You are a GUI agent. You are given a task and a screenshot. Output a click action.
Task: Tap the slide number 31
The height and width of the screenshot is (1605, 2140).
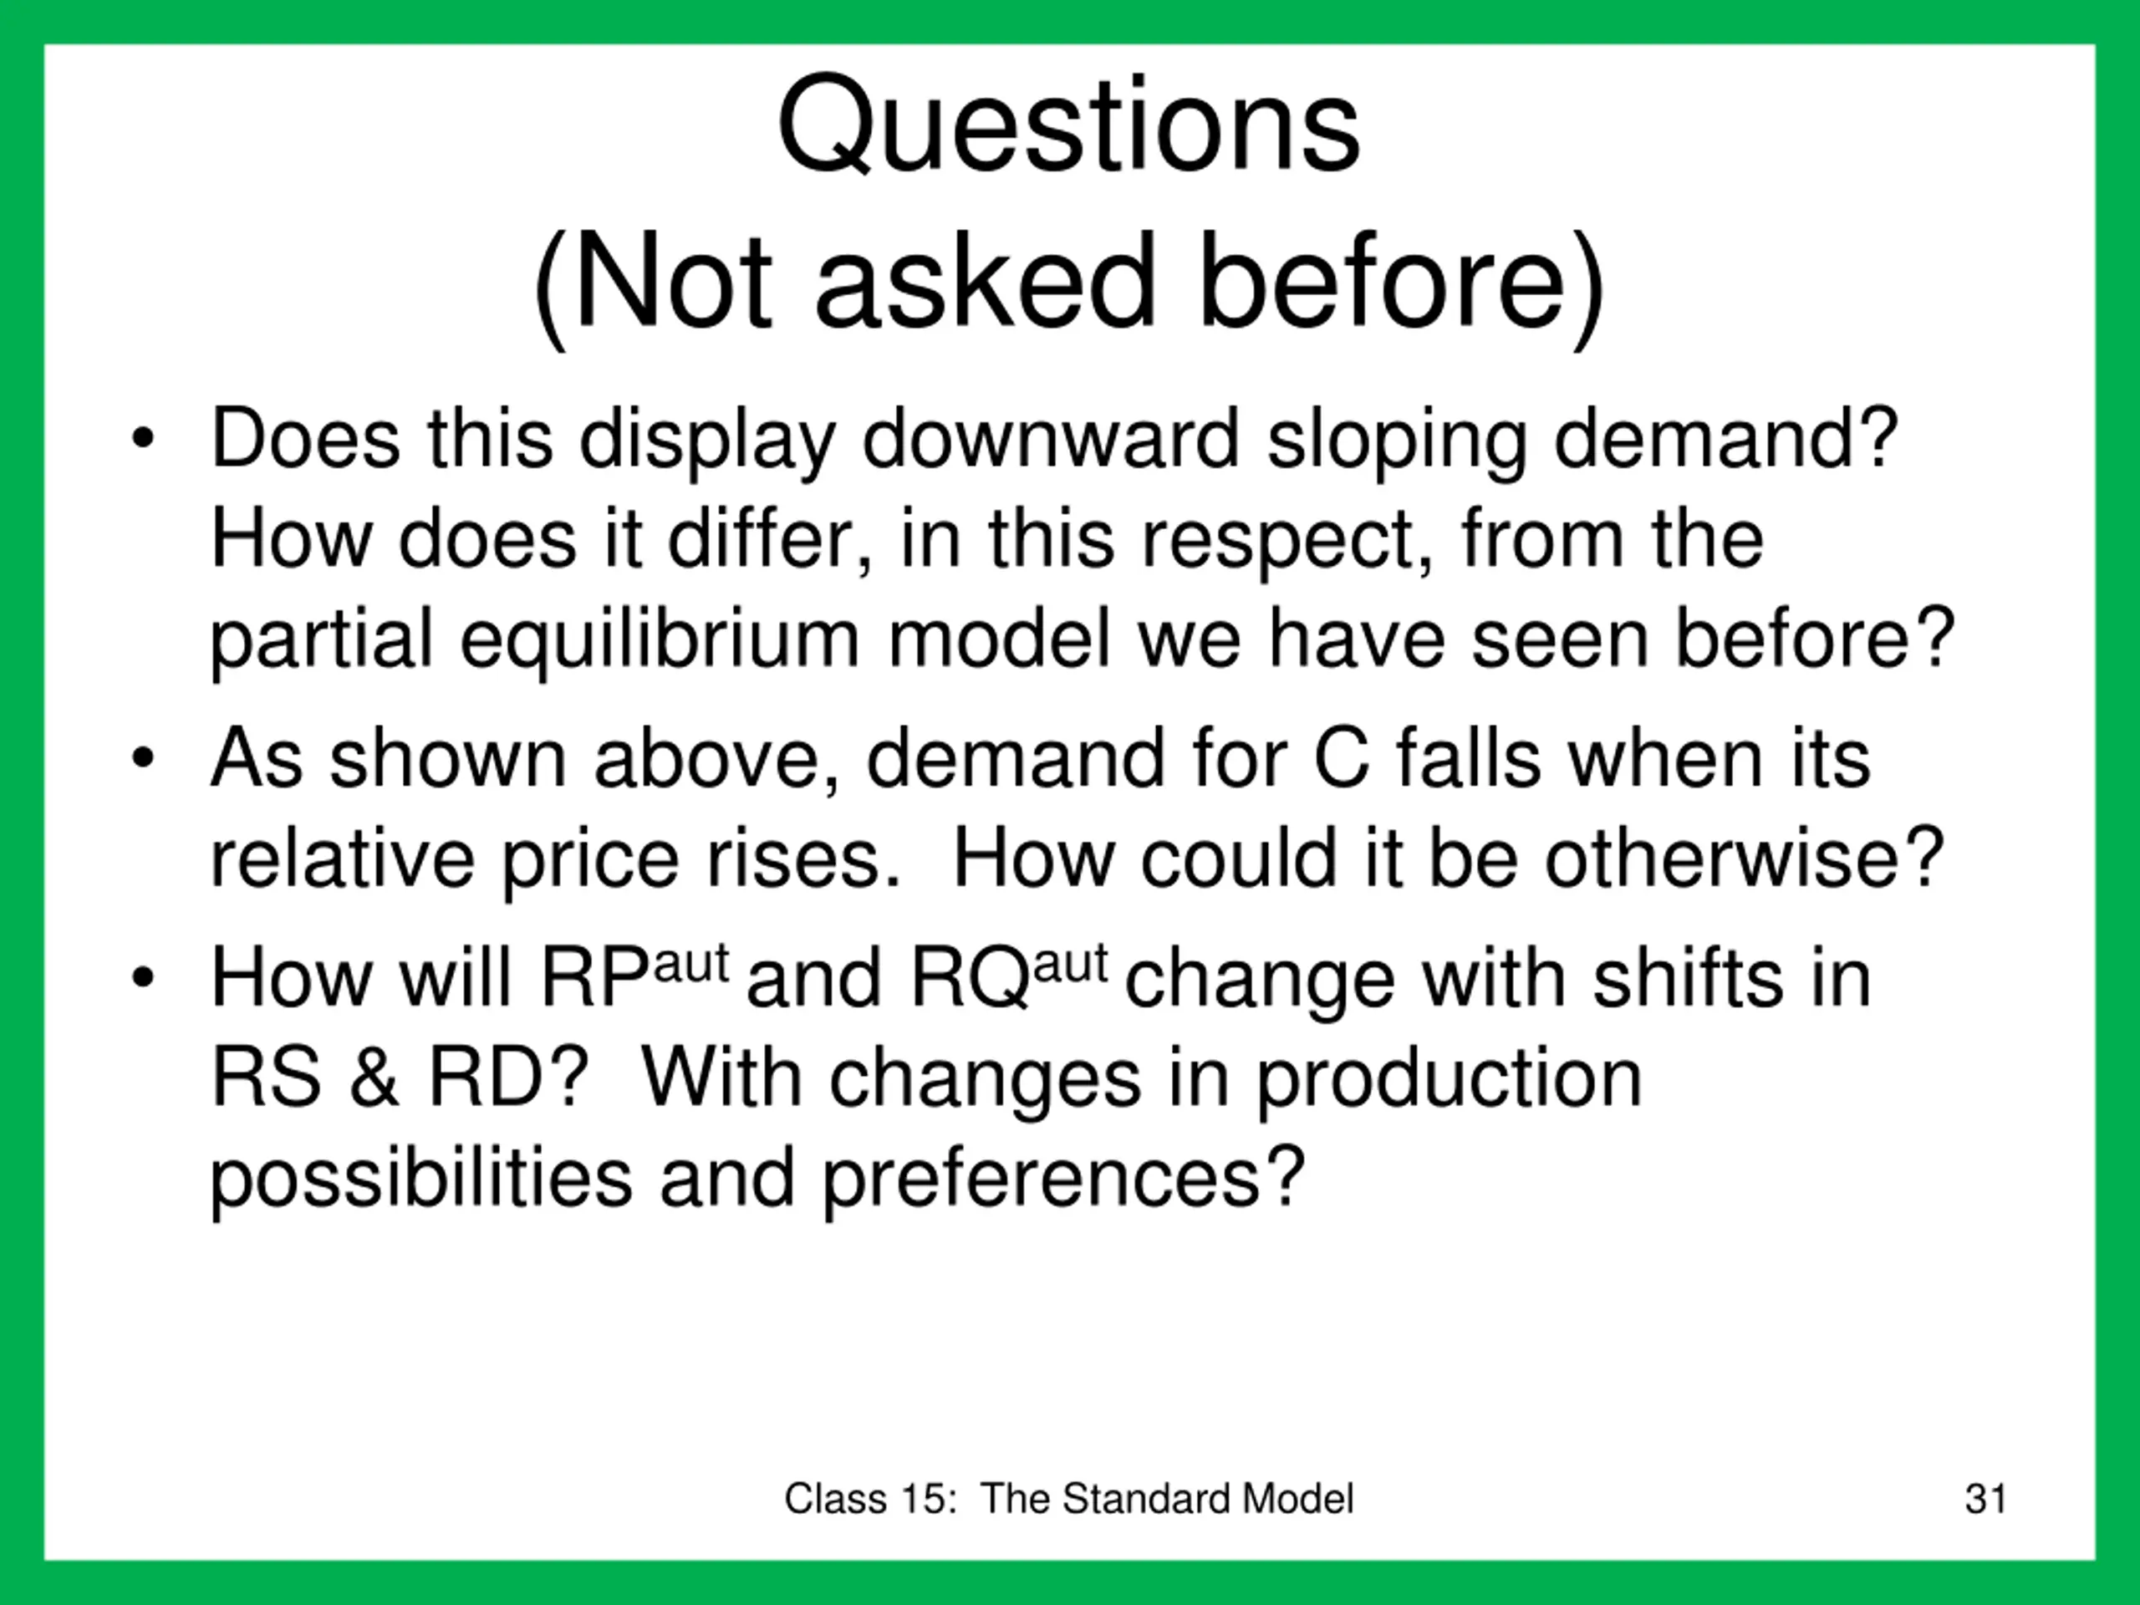[x=1986, y=1499]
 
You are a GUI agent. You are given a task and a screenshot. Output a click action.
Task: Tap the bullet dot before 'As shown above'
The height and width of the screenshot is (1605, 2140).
[x=143, y=757]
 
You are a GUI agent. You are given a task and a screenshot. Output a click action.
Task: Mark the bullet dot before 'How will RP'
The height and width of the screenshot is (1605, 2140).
[x=143, y=978]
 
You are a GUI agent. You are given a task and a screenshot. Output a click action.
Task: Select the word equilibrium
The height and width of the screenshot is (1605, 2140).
[x=659, y=640]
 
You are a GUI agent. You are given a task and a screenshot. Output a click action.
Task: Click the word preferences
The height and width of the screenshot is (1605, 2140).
[x=1063, y=1180]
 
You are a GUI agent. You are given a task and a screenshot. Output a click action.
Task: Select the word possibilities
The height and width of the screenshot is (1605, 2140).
[x=422, y=1180]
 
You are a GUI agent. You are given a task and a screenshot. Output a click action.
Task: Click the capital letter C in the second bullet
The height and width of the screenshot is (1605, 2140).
[x=1342, y=757]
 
